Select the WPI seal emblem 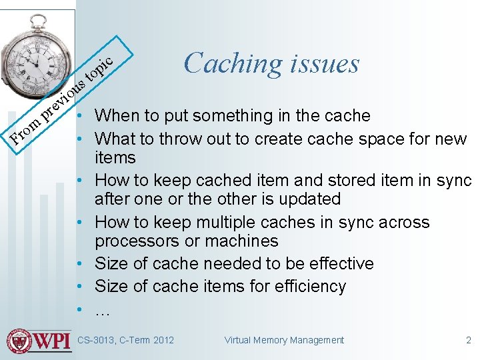point(20,341)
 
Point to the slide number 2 point(468,340)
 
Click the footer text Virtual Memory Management point(284,340)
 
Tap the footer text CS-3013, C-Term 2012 point(125,340)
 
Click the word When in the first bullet point(117,116)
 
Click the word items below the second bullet point(115,158)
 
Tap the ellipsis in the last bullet point(102,311)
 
